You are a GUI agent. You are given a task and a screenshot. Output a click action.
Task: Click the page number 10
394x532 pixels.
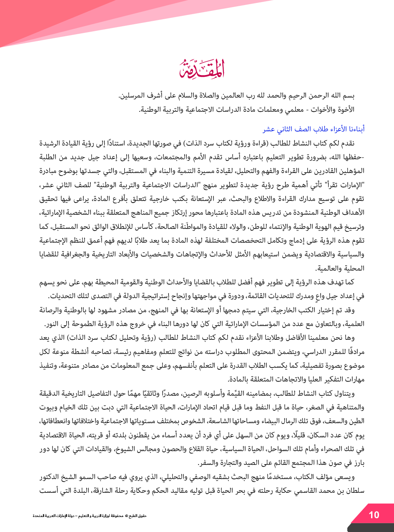pos(374,515)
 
